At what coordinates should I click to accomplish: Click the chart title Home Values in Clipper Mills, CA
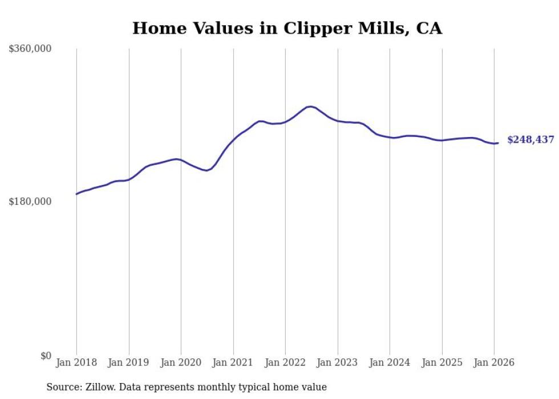[287, 28]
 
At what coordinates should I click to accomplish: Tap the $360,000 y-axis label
[30, 49]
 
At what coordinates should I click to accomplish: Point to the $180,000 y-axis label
[30, 201]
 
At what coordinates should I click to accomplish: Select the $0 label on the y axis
[46, 356]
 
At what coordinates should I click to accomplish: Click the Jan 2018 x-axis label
[76, 362]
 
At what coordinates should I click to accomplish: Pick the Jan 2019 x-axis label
[129, 362]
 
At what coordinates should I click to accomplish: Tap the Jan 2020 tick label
[181, 362]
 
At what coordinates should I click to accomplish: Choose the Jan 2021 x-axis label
[233, 362]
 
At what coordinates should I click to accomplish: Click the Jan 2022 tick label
[285, 362]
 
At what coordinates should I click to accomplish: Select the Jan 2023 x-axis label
[338, 362]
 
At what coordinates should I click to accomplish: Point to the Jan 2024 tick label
[390, 362]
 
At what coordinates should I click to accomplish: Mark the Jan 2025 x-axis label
[442, 362]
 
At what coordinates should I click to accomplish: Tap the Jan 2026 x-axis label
[494, 362]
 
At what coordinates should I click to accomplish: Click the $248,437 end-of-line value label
[530, 140]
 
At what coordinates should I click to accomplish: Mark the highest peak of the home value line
[310, 107]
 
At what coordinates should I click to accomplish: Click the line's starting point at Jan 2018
[76, 194]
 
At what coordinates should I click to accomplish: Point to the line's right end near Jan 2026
[498, 143]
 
